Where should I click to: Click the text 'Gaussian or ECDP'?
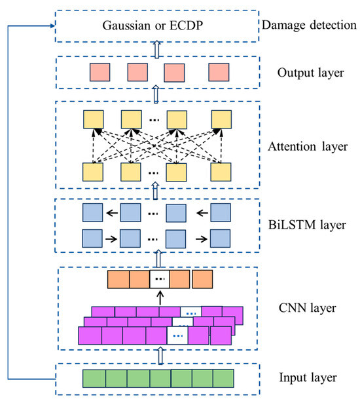tap(155, 27)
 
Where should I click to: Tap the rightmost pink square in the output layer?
tap(219, 71)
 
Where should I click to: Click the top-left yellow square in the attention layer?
tap(93, 119)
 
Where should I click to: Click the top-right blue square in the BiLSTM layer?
tap(221, 212)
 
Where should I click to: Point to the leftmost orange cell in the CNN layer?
tap(118, 280)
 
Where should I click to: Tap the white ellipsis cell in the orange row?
tap(158, 280)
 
